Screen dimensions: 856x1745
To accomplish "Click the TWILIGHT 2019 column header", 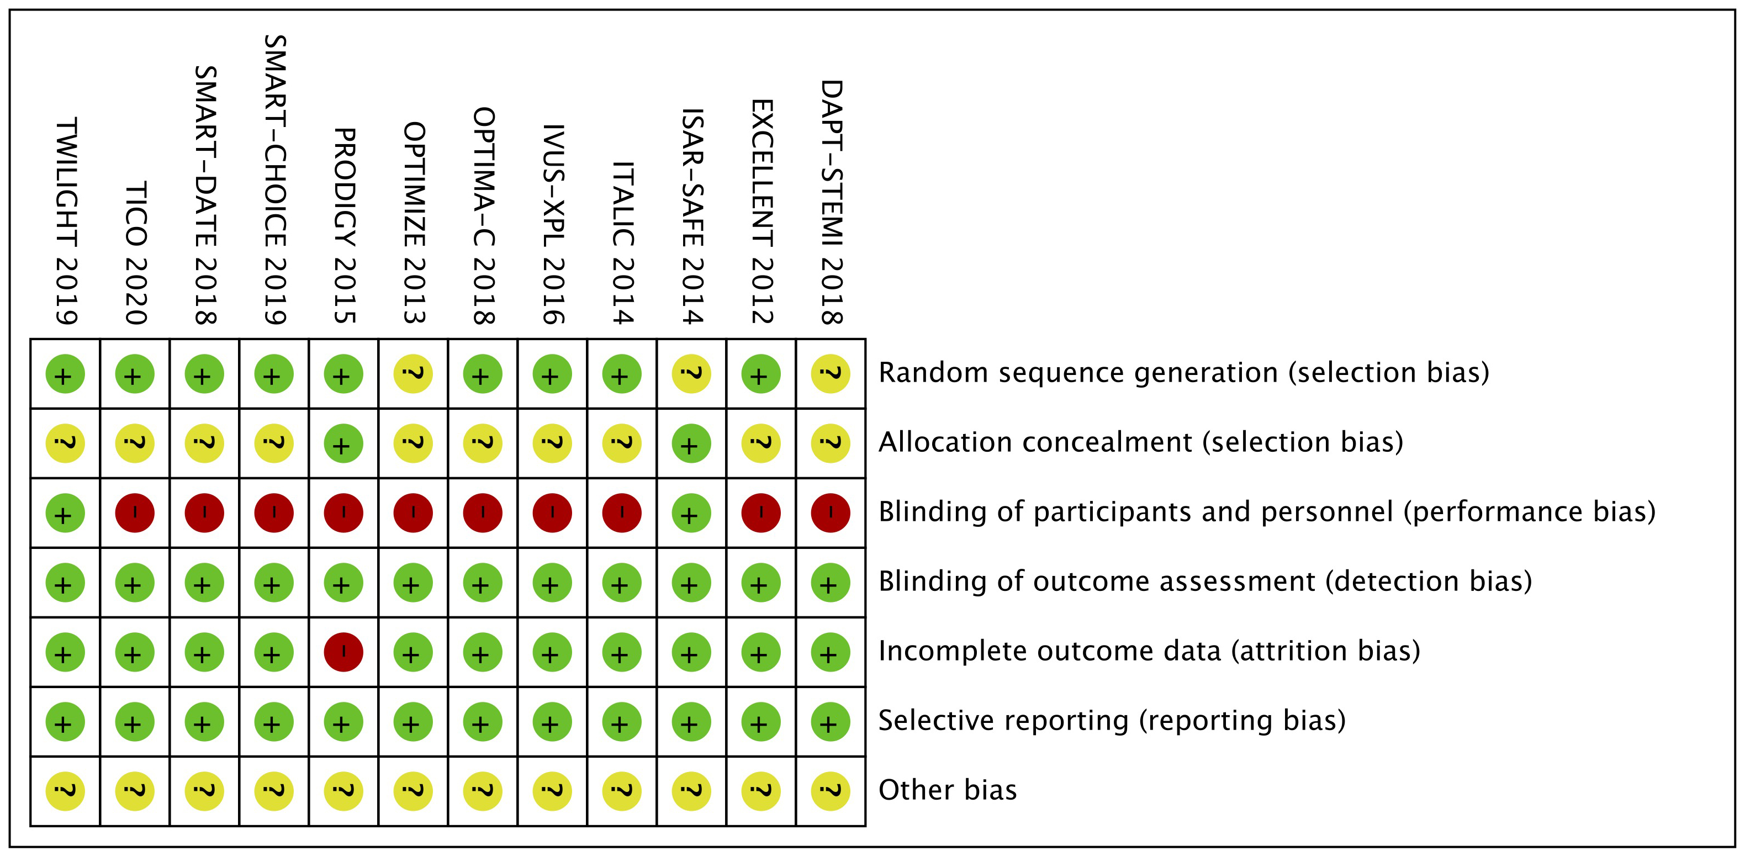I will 66,221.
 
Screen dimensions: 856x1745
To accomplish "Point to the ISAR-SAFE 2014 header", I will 692,216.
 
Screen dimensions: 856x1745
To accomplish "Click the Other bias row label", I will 947,790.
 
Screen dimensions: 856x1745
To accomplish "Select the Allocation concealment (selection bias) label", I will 1140,442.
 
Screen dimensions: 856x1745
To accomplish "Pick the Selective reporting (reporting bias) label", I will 1112,721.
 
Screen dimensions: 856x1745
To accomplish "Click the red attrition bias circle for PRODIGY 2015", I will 343,652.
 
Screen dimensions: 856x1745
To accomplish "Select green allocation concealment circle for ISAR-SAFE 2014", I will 691,443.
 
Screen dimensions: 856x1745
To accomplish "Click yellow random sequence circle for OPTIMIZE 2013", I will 413,374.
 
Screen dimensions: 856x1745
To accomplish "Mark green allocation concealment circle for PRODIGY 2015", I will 343,443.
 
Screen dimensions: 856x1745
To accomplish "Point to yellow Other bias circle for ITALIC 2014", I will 622,791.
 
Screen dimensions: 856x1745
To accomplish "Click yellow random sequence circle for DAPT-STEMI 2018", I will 831,374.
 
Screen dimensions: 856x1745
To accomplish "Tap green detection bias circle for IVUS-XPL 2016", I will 552,583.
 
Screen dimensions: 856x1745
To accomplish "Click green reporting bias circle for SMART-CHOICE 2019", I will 274,722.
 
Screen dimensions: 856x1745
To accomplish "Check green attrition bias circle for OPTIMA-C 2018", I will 482,652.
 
